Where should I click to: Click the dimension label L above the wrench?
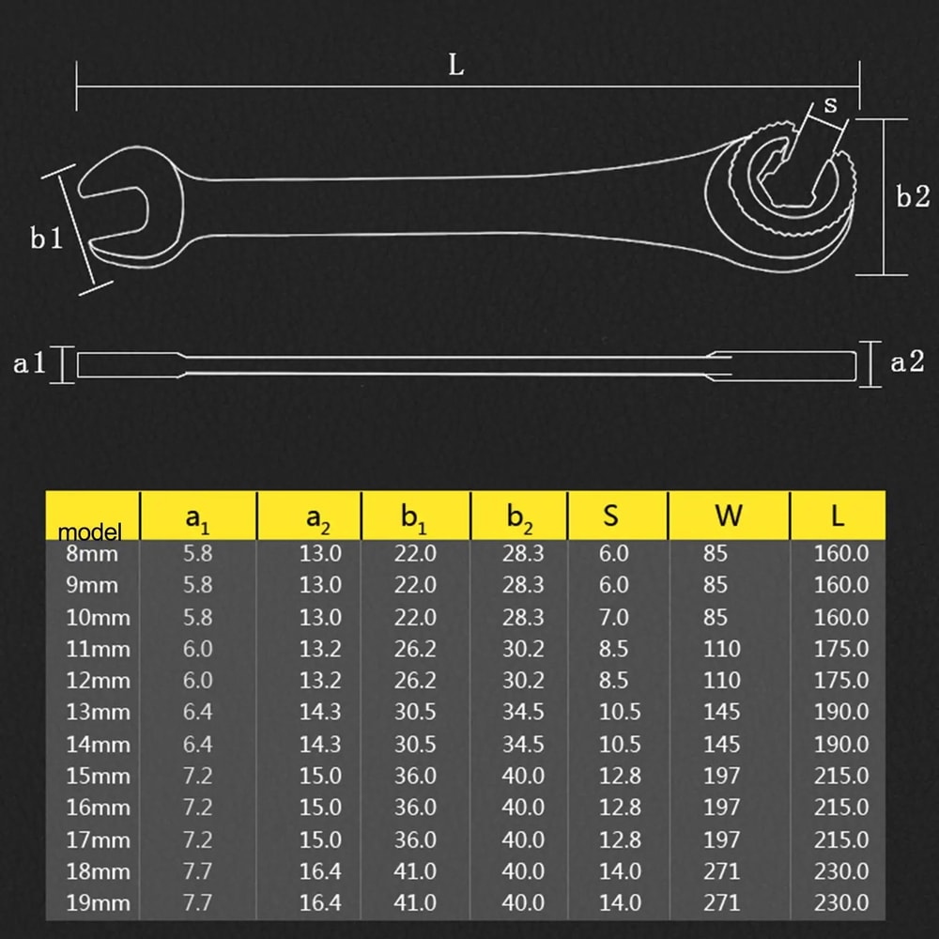456,66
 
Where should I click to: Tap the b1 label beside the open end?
46,239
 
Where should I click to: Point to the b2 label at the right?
911,197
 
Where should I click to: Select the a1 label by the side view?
29,363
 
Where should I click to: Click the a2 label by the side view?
906,362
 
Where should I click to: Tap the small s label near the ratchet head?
830,105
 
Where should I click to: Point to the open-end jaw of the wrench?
122,211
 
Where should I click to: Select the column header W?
728,515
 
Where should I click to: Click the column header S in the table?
610,515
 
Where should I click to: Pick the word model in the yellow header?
90,532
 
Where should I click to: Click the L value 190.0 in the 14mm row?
840,744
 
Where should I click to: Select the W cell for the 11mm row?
721,648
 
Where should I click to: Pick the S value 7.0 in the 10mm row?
614,616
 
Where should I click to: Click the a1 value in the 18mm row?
197,871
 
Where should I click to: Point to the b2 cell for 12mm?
523,680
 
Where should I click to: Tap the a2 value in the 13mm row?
320,712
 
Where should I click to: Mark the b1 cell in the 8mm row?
415,552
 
